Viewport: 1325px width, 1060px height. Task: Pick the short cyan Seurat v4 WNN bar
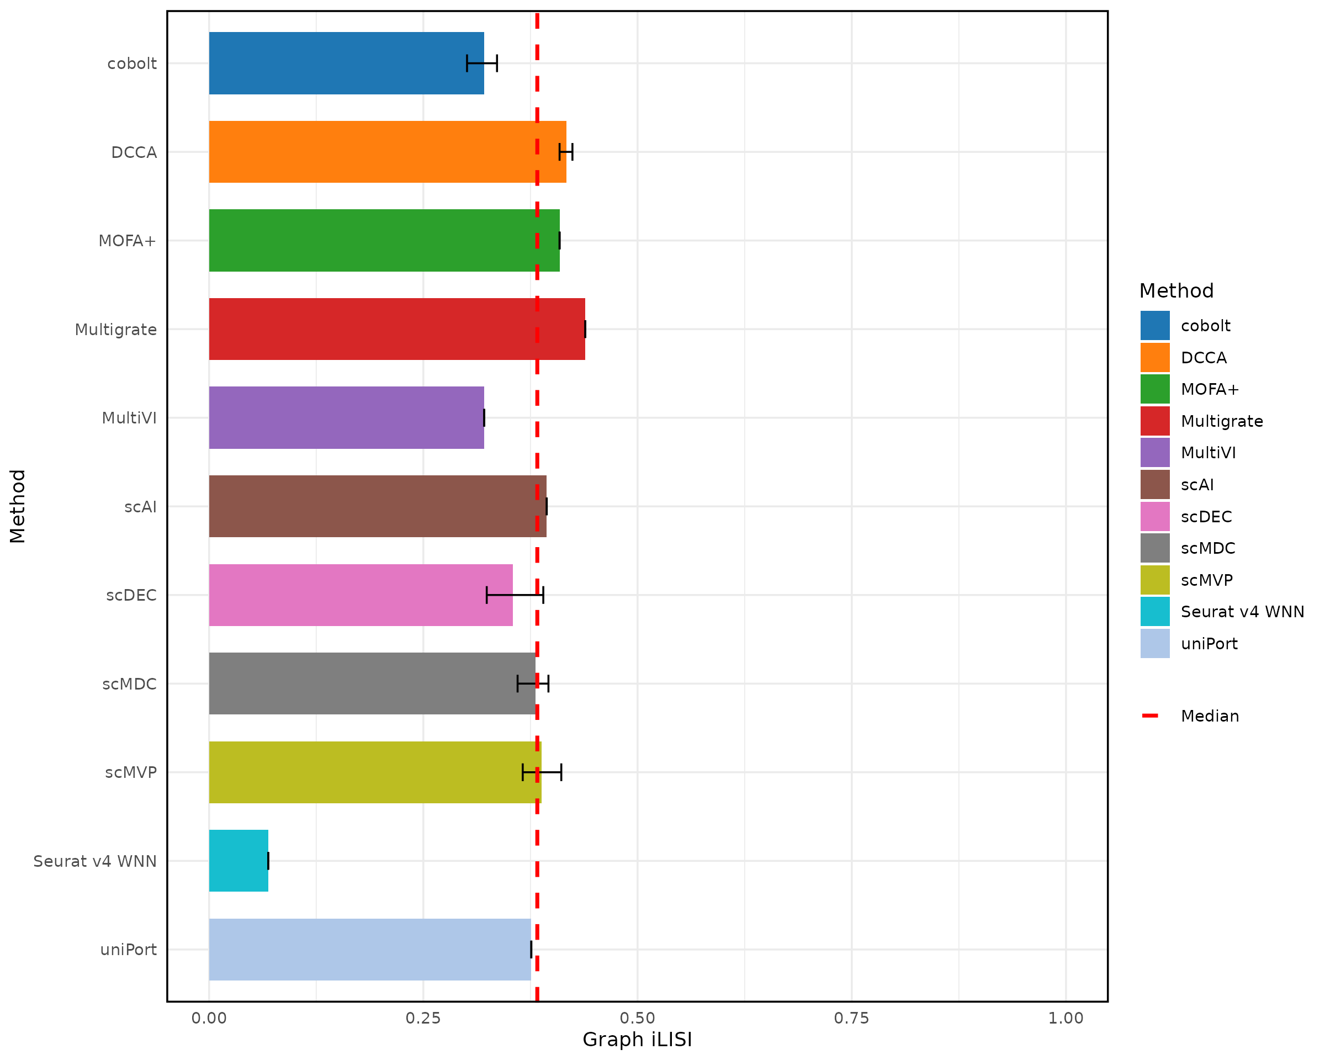coord(239,860)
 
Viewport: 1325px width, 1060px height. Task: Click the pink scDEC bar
coord(361,595)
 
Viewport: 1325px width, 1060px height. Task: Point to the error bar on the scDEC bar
coord(515,595)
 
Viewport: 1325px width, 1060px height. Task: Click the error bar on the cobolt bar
coord(482,63)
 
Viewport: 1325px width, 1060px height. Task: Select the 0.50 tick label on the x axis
coord(637,1018)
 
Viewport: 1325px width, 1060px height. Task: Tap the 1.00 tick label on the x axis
coord(1066,1018)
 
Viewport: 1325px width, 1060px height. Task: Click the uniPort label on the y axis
coord(129,950)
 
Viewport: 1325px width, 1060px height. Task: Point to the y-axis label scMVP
coord(131,772)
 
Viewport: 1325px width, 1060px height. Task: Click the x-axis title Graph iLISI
coord(637,1040)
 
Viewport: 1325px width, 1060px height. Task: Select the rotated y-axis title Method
coord(18,506)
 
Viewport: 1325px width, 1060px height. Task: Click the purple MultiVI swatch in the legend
coord(1155,453)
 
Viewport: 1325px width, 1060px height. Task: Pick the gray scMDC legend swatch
coord(1155,548)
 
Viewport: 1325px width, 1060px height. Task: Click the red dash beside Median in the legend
coord(1150,716)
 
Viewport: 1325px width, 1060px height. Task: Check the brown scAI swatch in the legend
coord(1155,485)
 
